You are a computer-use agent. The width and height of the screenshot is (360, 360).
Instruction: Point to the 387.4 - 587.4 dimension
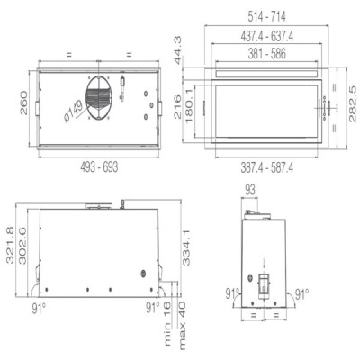(x=270, y=166)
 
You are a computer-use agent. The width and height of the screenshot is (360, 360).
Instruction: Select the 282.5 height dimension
(x=352, y=107)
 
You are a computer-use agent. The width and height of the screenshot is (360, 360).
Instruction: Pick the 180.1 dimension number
(x=191, y=112)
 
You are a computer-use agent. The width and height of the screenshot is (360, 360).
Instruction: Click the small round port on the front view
(x=141, y=274)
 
